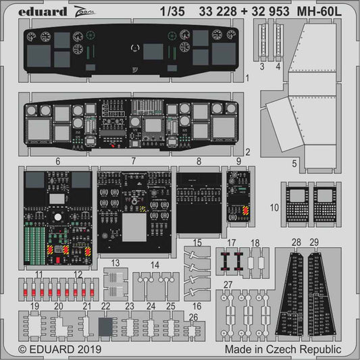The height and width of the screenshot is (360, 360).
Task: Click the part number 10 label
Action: pyautogui.click(x=273, y=207)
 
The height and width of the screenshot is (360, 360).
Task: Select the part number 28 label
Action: pyautogui.click(x=295, y=242)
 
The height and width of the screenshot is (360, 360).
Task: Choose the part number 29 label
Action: pyautogui.click(x=314, y=242)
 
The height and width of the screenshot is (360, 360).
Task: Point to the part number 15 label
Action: pyautogui.click(x=197, y=242)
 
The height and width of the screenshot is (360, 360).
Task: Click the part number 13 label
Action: pyautogui.click(x=115, y=263)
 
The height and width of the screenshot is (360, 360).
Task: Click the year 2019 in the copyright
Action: pyautogui.click(x=80, y=351)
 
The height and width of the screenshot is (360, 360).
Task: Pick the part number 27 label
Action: pyautogui.click(x=228, y=285)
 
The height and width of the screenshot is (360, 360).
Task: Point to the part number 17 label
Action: pyautogui.click(x=232, y=242)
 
